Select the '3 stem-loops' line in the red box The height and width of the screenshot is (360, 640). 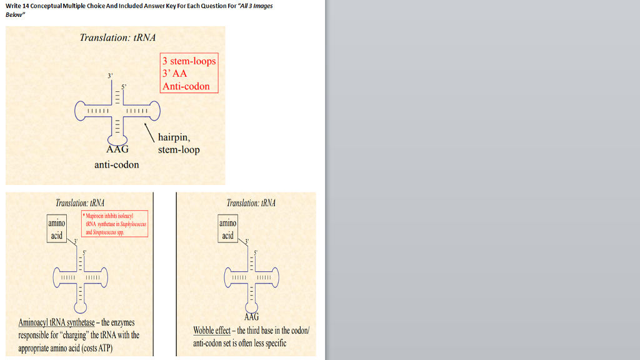189,61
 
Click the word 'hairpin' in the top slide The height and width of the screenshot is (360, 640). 172,137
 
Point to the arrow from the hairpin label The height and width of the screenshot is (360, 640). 149,132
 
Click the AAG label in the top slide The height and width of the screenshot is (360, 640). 117,150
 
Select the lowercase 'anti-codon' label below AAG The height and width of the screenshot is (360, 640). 117,164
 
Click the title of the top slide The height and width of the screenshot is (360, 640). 117,37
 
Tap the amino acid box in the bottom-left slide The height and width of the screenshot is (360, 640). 56,229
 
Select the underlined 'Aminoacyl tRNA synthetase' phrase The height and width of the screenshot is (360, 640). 57,322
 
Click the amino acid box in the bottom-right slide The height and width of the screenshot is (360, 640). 227,229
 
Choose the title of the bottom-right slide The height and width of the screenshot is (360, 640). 251,203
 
